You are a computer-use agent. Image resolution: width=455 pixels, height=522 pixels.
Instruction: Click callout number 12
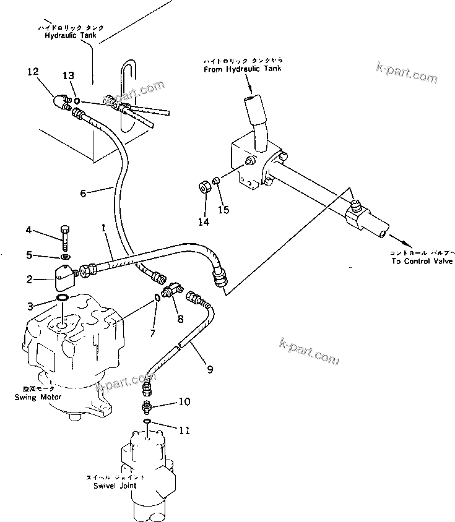[32, 72]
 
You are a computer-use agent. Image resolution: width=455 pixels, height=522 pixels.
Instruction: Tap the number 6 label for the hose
[83, 192]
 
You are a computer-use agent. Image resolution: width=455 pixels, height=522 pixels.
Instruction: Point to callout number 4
[28, 231]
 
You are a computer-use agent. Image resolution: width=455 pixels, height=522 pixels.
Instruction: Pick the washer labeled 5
[66, 256]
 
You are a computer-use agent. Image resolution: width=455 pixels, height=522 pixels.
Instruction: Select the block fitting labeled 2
[62, 280]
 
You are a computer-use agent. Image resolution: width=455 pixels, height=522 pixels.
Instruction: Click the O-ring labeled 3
[63, 300]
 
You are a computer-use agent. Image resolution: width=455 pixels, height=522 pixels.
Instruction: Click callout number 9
[210, 370]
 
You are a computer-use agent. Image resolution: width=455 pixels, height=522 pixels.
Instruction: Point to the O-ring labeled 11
[147, 422]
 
